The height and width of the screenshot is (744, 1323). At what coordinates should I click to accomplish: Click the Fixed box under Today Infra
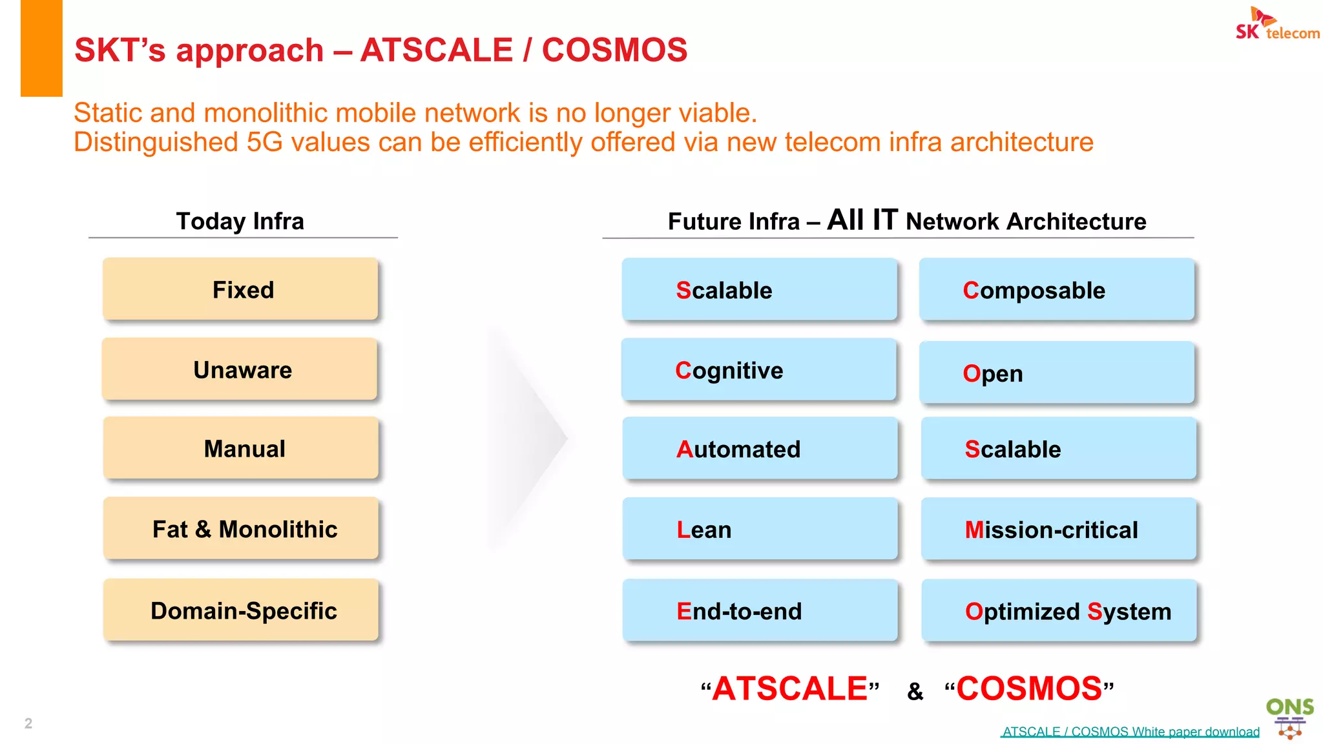(240, 289)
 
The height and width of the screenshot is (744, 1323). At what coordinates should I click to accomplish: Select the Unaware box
(240, 369)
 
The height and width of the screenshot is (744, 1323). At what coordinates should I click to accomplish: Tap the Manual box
(241, 448)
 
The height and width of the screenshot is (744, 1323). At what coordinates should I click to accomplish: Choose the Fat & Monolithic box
(241, 528)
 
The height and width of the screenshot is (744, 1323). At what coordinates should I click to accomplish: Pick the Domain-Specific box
(241, 610)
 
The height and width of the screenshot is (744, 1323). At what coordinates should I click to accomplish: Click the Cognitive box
(759, 370)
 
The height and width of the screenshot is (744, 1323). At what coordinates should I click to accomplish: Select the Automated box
(760, 448)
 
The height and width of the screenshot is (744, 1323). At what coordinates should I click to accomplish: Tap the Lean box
(760, 529)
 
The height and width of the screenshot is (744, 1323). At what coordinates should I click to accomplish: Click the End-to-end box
(760, 610)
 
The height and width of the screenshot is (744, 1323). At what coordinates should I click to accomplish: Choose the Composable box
(1057, 289)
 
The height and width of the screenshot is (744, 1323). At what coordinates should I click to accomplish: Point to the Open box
(1057, 373)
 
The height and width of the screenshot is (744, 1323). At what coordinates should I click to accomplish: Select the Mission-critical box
(1059, 529)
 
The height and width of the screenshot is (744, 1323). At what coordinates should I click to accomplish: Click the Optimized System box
(1059, 610)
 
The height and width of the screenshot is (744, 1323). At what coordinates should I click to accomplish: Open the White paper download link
(1130, 732)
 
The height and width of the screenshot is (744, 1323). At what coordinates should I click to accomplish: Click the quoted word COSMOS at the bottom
(1029, 688)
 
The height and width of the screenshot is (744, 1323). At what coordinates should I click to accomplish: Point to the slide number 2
(28, 723)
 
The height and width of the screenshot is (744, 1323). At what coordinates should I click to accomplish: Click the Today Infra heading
(240, 221)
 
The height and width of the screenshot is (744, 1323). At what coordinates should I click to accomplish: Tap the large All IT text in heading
(862, 220)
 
